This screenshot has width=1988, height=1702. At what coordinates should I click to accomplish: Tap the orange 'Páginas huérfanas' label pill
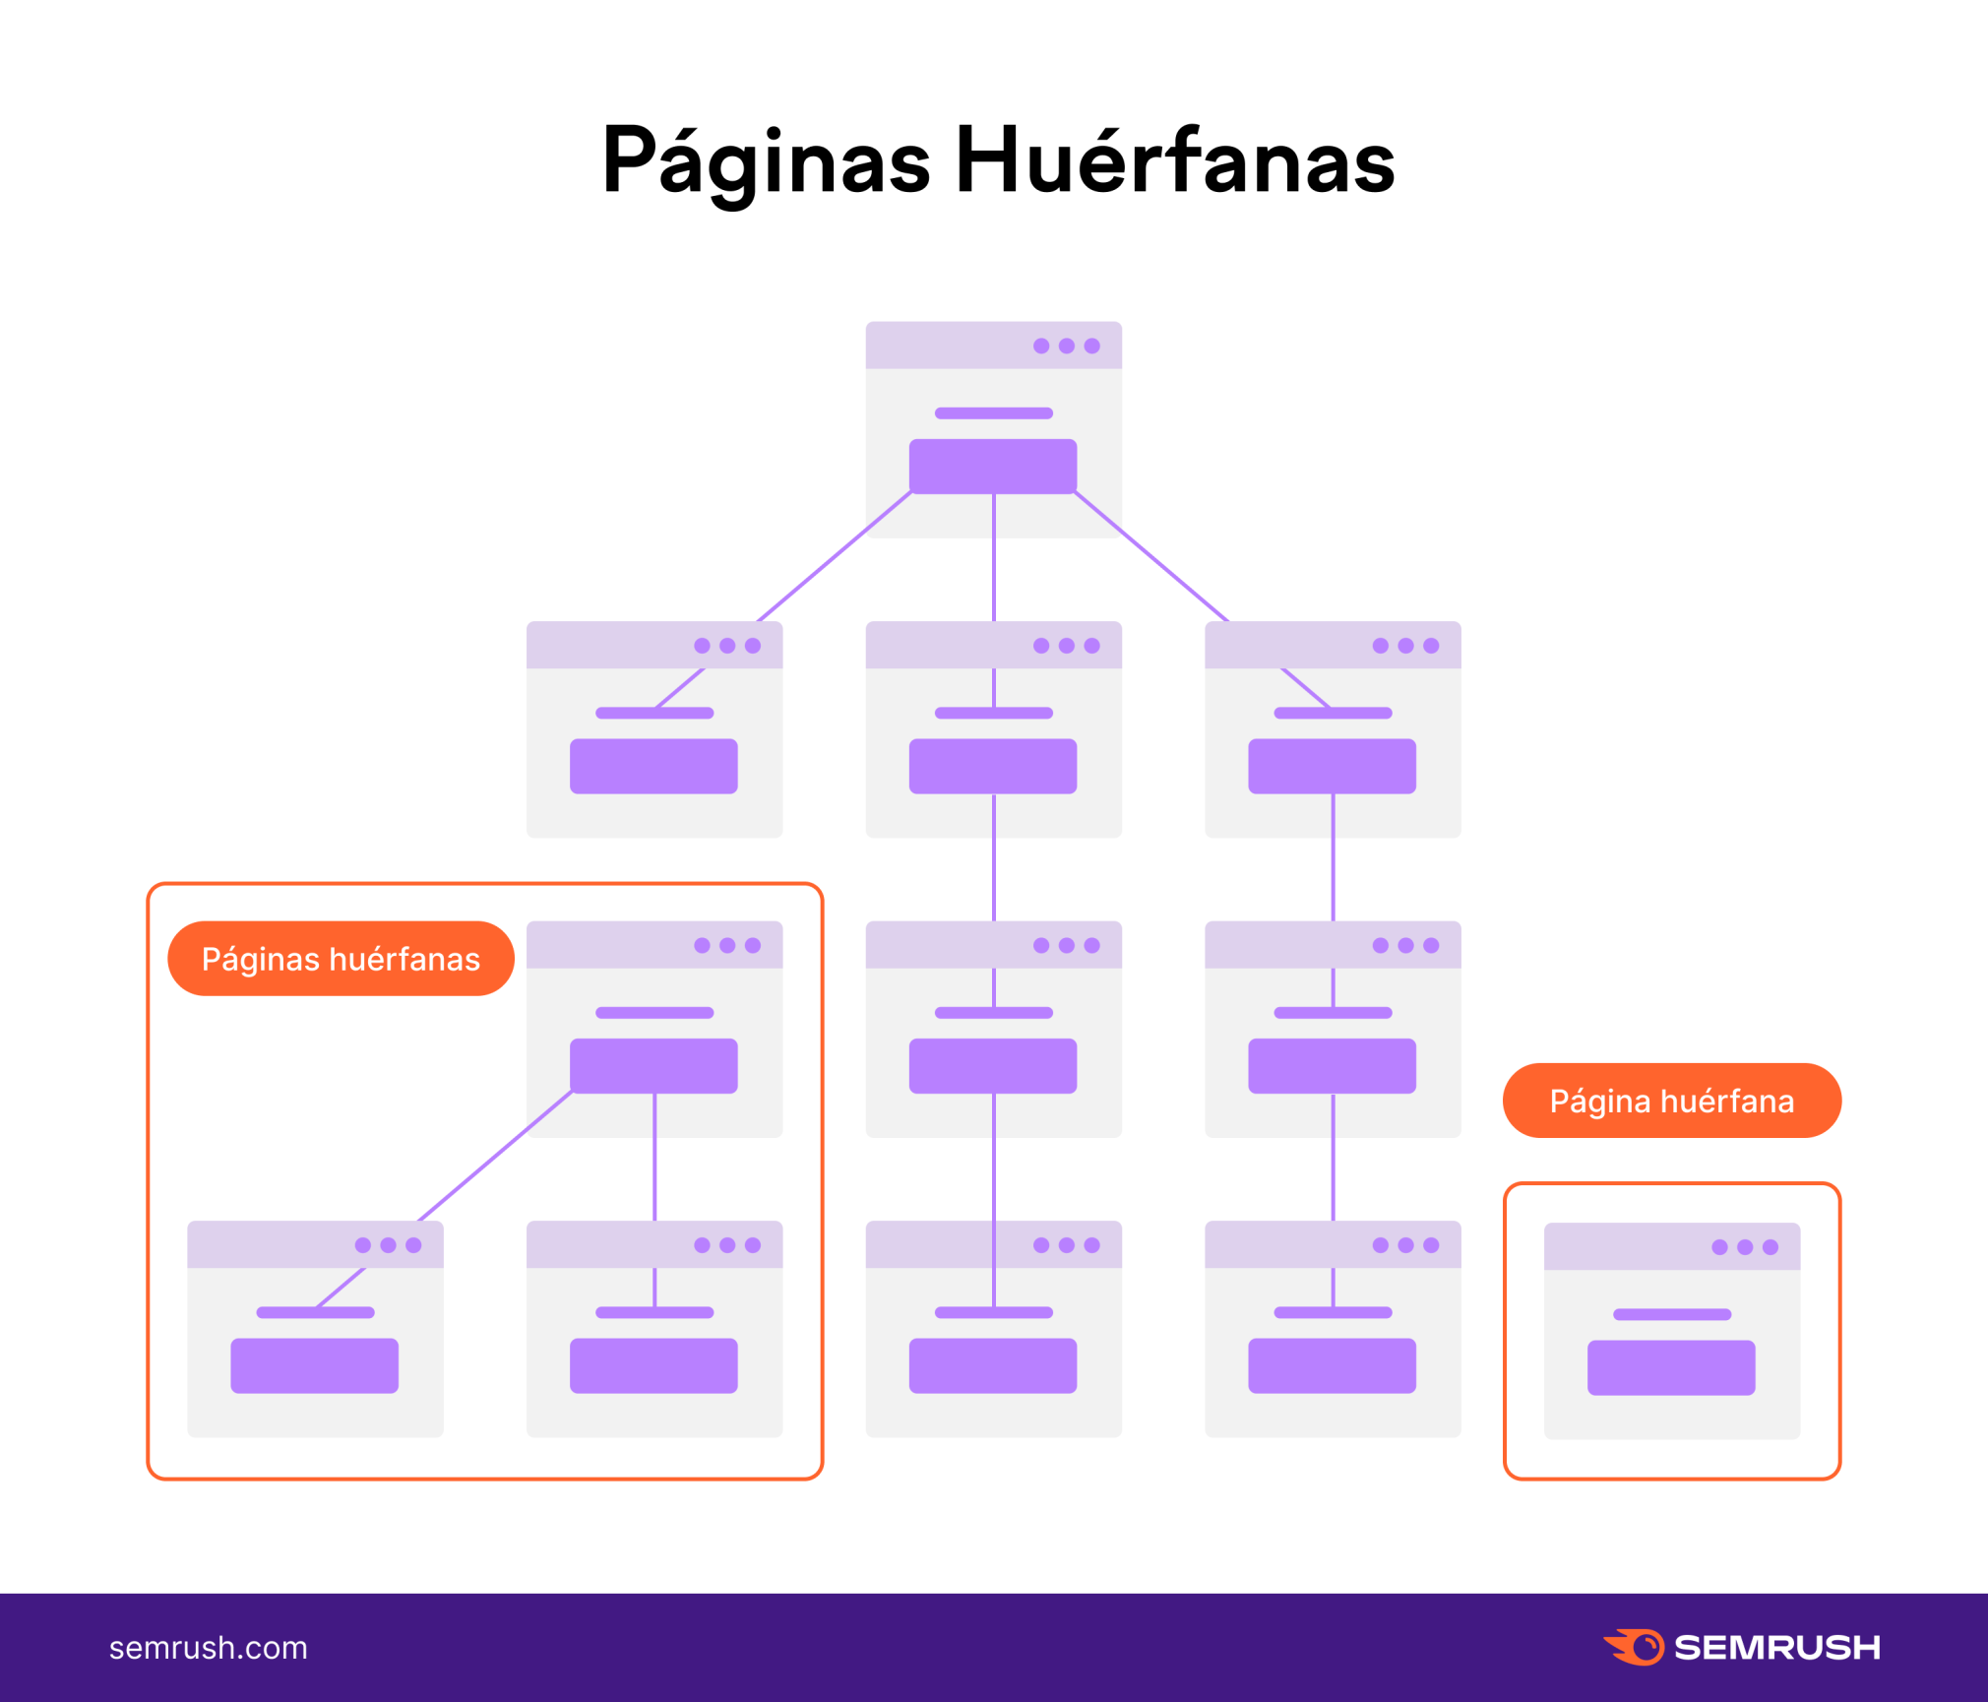[x=341, y=959]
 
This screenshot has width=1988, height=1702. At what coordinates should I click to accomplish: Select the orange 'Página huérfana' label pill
[x=1671, y=1101]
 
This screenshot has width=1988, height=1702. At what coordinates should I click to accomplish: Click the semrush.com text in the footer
[x=208, y=1648]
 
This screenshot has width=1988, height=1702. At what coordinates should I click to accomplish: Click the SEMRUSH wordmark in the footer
[x=1776, y=1648]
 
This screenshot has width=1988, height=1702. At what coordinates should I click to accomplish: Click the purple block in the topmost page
[x=992, y=466]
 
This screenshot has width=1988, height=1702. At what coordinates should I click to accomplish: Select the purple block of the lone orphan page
[x=1670, y=1367]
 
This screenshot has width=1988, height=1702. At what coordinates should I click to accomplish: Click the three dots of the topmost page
[x=1066, y=347]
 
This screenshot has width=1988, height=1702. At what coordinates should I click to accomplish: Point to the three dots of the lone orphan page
[x=1744, y=1247]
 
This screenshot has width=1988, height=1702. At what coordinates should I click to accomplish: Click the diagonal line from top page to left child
[x=835, y=557]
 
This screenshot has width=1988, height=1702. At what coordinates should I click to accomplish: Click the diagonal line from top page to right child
[x=1151, y=557]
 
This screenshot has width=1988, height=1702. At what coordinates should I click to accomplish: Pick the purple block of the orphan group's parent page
[x=653, y=1066]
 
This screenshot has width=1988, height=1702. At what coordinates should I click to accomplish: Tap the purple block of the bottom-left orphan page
[x=314, y=1365]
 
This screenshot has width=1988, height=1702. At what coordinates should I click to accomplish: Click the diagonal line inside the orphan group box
[x=495, y=1157]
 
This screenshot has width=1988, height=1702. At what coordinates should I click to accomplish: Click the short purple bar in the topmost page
[x=993, y=413]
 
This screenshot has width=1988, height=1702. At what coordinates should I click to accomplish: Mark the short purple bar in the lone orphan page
[x=1671, y=1314]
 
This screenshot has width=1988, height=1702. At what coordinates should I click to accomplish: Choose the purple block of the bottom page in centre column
[x=992, y=1365]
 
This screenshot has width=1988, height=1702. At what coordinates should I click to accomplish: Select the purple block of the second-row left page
[x=653, y=766]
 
